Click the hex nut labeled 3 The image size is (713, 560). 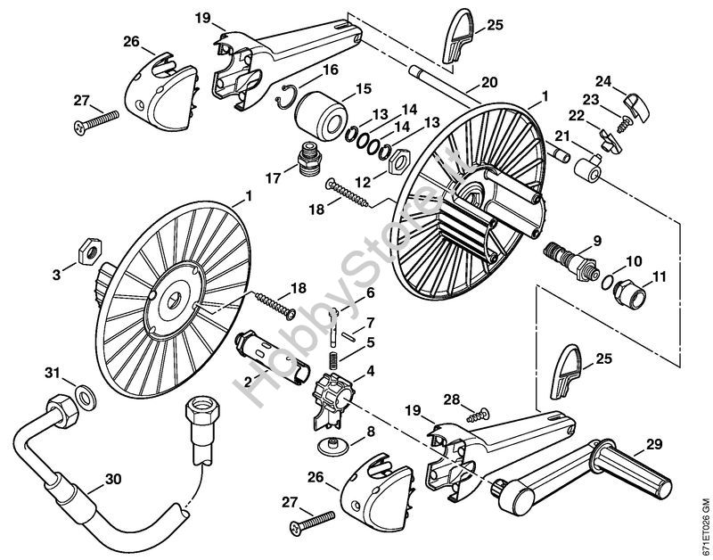tap(90, 251)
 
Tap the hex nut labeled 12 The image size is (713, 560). tap(399, 161)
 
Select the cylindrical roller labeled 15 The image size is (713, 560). tap(320, 117)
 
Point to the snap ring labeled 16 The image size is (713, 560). tap(286, 97)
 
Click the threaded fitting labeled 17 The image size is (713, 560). tap(308, 161)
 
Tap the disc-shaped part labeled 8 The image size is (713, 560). tap(332, 445)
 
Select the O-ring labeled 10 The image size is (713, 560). tap(607, 284)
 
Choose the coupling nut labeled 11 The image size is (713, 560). tap(629, 294)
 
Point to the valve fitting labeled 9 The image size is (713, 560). tap(570, 260)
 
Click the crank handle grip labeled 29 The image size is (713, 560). tap(631, 469)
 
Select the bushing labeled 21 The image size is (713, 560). tap(587, 168)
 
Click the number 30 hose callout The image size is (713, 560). tap(113, 479)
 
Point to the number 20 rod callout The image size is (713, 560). tap(489, 82)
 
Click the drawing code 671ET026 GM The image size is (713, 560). tap(705, 526)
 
